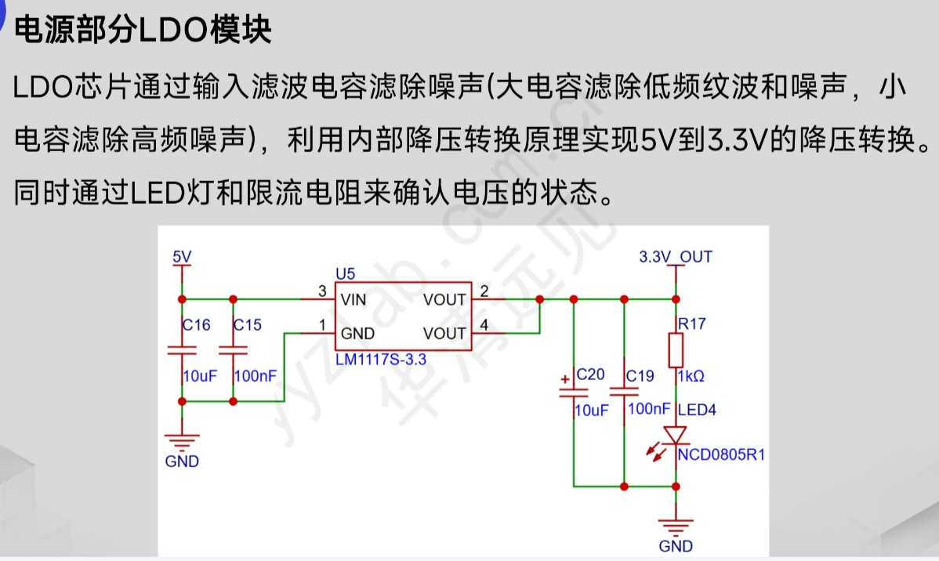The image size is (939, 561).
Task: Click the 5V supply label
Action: pos(182,257)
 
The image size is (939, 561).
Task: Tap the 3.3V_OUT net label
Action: pos(676,257)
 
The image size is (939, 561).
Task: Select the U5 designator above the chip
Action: pos(345,273)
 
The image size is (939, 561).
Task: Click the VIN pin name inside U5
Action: pos(353,299)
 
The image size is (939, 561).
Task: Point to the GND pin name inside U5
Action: pos(357,334)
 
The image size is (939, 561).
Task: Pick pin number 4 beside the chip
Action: pos(484,325)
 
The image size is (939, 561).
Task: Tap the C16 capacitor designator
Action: pos(197,325)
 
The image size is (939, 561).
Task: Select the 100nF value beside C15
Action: pos(256,376)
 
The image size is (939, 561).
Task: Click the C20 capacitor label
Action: pos(590,375)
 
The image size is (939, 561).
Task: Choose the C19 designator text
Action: pos(640,376)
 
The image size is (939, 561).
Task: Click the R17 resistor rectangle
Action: pos(676,350)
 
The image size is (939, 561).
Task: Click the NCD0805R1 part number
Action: pos(721,455)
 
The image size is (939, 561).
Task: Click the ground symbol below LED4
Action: pos(675,524)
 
